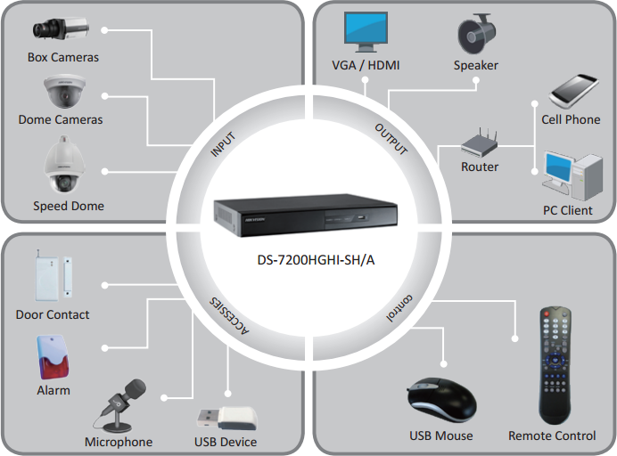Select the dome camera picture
tap(62, 91)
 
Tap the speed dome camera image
tap(62, 165)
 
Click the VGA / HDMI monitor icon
tap(366, 32)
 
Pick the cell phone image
tap(572, 90)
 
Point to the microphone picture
tap(122, 405)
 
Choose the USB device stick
tap(226, 418)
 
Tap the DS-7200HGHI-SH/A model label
tap(308, 258)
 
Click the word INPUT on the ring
tap(222, 145)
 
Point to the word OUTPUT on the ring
tap(391, 140)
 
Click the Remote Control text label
tap(552, 436)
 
